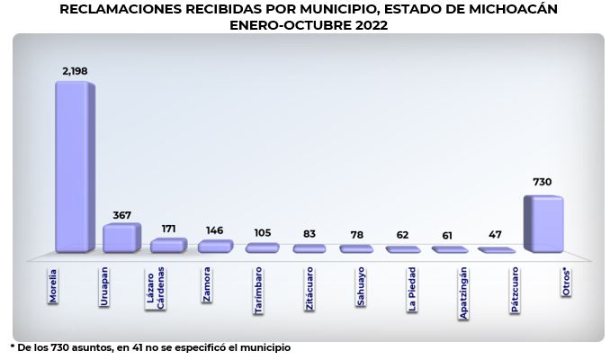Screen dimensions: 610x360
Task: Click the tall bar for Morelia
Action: click(x=75, y=167)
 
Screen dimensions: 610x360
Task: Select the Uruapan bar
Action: click(x=121, y=238)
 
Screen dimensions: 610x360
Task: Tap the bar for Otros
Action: click(x=543, y=224)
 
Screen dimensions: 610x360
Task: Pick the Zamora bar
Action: click(x=216, y=247)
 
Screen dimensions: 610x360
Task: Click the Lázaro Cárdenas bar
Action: click(x=169, y=246)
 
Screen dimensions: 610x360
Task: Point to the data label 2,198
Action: click(x=75, y=71)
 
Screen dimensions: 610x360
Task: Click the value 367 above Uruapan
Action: click(x=121, y=215)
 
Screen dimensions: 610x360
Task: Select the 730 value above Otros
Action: click(x=543, y=182)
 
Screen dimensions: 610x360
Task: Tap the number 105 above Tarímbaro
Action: click(x=262, y=233)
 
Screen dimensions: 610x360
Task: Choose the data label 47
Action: click(x=495, y=234)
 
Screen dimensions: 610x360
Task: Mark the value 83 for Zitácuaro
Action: click(x=309, y=234)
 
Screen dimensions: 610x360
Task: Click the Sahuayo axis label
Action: click(x=361, y=286)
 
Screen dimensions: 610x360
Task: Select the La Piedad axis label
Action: click(x=412, y=289)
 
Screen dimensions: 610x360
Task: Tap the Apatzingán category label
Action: click(x=463, y=293)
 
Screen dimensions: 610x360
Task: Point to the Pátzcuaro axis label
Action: click(x=515, y=290)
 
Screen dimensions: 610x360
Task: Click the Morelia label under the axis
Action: click(x=53, y=286)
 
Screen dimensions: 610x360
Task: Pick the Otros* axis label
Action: click(x=566, y=283)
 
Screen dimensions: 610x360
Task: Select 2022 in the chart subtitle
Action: click(x=372, y=25)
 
